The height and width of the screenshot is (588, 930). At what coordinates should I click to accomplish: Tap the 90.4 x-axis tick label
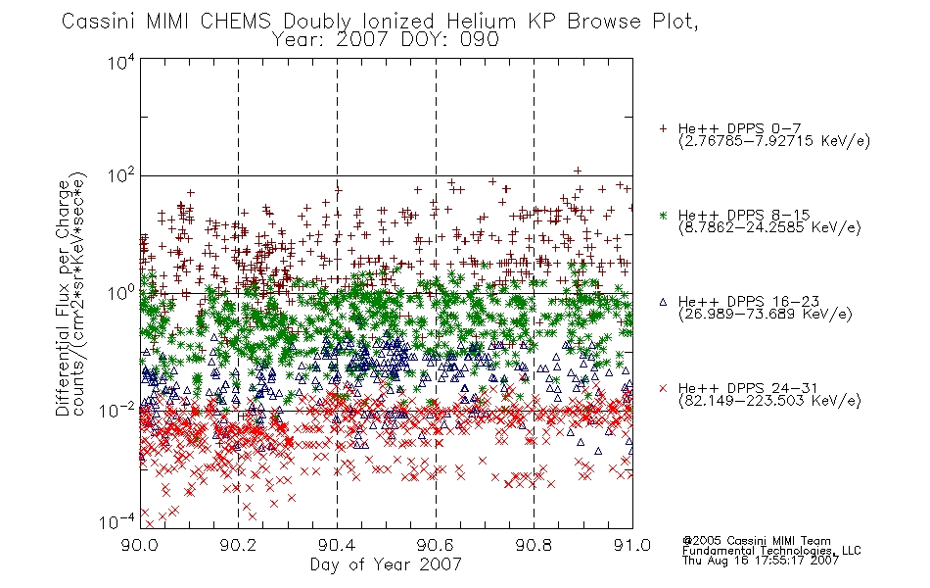click(337, 545)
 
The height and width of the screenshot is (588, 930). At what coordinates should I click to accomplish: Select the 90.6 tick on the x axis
click(435, 545)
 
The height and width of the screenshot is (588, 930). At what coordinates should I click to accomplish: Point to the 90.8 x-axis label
click(534, 545)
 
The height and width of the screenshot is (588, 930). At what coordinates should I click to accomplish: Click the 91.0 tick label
click(632, 545)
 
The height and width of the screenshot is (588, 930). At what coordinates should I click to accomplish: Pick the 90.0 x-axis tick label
click(139, 545)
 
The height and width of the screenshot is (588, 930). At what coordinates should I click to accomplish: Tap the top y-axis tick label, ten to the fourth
click(121, 62)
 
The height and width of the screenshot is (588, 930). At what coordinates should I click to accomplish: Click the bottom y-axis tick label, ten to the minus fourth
click(116, 521)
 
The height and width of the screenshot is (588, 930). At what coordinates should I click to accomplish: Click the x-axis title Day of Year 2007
click(386, 563)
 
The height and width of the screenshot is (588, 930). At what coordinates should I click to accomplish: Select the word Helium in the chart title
click(481, 22)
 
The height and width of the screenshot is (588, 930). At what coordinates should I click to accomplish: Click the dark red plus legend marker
click(663, 128)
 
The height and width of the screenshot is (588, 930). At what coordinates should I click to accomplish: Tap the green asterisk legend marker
click(663, 215)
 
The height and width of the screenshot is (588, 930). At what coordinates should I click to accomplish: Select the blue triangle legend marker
click(663, 302)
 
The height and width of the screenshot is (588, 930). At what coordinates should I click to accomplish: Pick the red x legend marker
click(663, 388)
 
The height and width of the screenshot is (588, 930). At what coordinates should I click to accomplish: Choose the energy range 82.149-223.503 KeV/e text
click(769, 401)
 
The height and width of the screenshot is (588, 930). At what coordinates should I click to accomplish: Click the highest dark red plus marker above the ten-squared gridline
click(578, 171)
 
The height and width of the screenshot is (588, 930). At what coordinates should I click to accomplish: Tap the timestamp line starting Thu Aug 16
click(761, 561)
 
